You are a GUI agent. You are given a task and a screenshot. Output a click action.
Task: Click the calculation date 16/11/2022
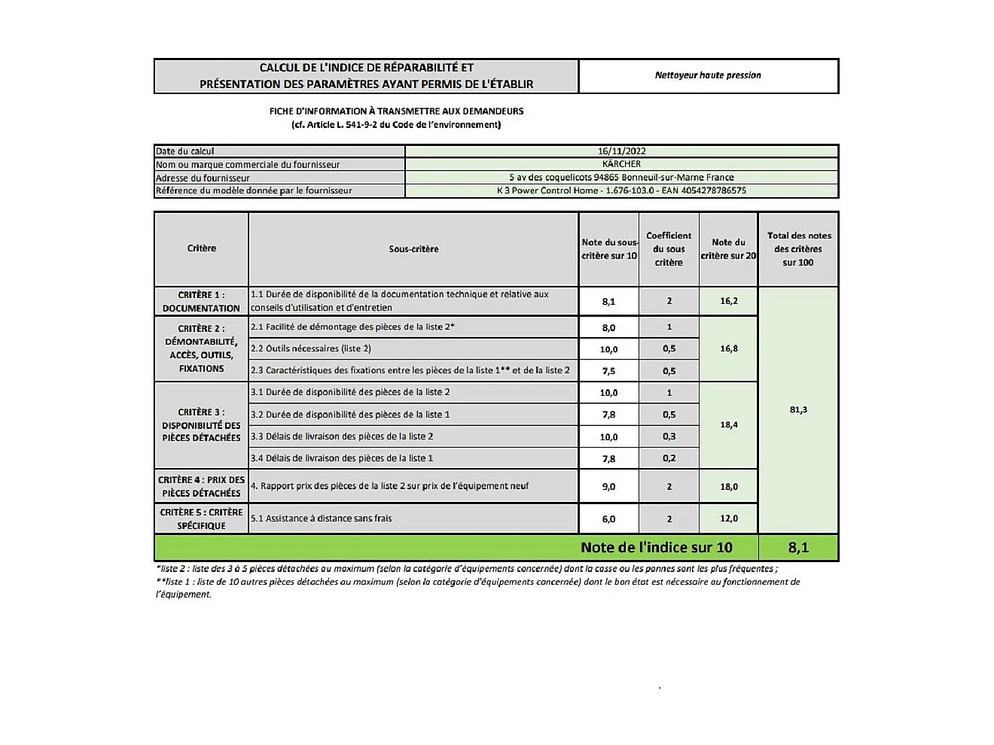621,151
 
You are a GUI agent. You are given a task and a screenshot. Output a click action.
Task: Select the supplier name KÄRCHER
621,164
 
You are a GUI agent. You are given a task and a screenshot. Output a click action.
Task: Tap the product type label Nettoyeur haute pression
708,75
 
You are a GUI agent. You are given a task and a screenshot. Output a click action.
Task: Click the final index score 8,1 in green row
798,548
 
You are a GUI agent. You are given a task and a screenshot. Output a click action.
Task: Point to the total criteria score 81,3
798,410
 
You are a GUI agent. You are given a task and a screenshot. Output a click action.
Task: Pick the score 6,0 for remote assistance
608,519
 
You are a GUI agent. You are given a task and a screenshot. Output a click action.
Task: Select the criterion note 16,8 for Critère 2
729,348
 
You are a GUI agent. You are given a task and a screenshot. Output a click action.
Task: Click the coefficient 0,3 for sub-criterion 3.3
669,436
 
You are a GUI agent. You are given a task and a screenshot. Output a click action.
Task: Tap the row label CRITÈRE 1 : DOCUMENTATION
201,301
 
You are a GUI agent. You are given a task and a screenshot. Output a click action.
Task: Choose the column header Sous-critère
413,249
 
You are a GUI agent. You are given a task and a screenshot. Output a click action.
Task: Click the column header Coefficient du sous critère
669,249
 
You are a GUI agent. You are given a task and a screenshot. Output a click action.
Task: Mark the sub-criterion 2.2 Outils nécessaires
311,348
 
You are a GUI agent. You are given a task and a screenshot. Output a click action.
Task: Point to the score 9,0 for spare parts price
608,487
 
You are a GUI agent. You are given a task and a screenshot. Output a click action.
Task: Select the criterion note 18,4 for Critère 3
729,425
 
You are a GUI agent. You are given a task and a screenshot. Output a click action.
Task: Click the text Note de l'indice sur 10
656,548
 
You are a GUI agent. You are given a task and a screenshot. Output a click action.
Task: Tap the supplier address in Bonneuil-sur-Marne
621,178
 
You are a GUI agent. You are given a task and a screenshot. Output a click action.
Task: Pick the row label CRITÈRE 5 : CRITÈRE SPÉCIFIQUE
201,519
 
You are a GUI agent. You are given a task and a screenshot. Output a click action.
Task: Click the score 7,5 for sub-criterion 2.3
608,371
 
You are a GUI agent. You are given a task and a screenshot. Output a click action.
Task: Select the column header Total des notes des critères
798,249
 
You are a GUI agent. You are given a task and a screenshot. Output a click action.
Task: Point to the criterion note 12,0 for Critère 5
729,518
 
